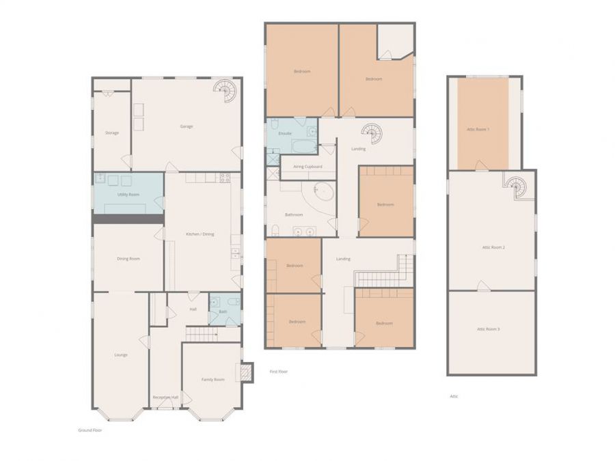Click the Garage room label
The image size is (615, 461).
pyautogui.click(x=186, y=126)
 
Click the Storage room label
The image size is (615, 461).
pyautogui.click(x=112, y=132)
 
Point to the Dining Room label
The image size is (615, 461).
pyautogui.click(x=128, y=258)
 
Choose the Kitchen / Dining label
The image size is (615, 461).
pyautogui.click(x=200, y=234)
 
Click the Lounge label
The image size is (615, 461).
pyautogui.click(x=121, y=354)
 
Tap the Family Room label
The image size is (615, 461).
pyautogui.click(x=213, y=379)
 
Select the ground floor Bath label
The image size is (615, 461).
pyautogui.click(x=222, y=311)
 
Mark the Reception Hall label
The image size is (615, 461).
pyautogui.click(x=165, y=397)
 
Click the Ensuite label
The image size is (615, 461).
pyautogui.click(x=285, y=133)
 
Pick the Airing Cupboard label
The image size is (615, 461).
pyautogui.click(x=307, y=166)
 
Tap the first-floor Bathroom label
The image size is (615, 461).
pyautogui.click(x=294, y=214)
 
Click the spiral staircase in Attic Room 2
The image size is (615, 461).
pyautogui.click(x=515, y=184)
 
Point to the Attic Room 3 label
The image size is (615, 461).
pyautogui.click(x=488, y=329)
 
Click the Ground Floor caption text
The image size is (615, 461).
pyautogui.click(x=90, y=430)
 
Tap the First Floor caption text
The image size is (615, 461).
pyautogui.click(x=279, y=372)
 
